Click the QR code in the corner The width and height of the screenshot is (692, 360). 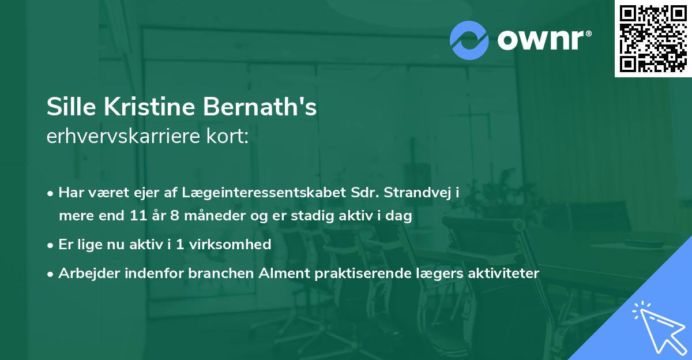tap(653, 38)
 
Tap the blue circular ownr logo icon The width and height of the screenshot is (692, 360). tap(469, 40)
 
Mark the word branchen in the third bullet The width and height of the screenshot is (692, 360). tap(220, 273)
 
